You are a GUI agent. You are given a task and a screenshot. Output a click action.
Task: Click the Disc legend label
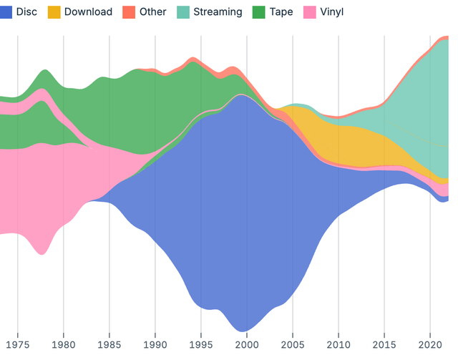tap(26, 12)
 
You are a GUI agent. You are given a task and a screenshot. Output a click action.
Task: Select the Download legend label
tap(88, 12)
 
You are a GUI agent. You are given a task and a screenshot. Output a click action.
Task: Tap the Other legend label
tap(153, 12)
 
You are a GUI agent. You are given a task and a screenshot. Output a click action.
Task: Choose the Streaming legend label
tap(218, 12)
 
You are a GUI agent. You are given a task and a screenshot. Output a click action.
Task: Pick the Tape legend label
tap(281, 12)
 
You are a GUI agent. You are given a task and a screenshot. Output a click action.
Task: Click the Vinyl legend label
tap(331, 12)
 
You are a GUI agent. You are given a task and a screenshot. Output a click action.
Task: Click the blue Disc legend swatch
tap(6, 12)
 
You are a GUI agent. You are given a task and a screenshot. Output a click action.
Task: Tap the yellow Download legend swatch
tap(54, 12)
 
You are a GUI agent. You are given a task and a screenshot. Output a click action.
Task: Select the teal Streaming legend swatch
tap(185, 12)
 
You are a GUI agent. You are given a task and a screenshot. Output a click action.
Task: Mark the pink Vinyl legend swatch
tap(310, 12)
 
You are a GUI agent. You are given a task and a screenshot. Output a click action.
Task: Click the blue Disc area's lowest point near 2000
tap(245, 329)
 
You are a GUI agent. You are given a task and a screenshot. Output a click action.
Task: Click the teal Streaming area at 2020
tap(430, 107)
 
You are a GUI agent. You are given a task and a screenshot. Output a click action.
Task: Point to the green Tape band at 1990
tap(155, 107)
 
